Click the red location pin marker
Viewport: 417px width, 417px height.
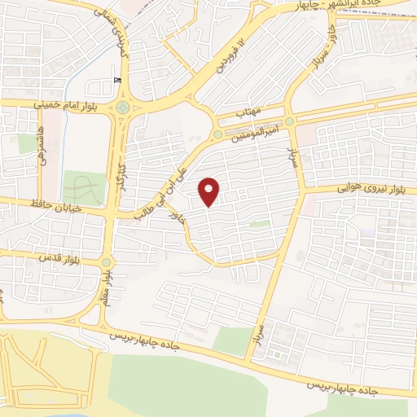[209, 191]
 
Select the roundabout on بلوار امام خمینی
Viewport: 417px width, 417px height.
[122, 106]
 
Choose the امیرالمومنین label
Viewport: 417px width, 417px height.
[264, 127]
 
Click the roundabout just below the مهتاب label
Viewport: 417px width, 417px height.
[217, 134]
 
